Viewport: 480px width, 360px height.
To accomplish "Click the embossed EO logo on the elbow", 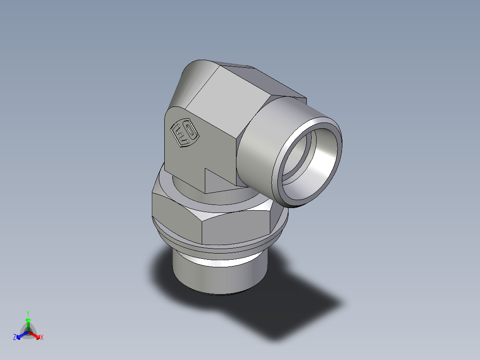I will [x=184, y=133].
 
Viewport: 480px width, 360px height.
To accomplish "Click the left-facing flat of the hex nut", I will [x=176, y=218].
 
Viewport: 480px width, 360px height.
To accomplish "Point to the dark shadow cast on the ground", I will [x=285, y=312].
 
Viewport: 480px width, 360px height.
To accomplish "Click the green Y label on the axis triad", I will [x=28, y=313].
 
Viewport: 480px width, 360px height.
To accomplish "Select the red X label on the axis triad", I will [x=41, y=338].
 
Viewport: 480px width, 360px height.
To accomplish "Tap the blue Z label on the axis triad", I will [x=15, y=337].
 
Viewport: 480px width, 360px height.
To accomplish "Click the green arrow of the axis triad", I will [x=28, y=323].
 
